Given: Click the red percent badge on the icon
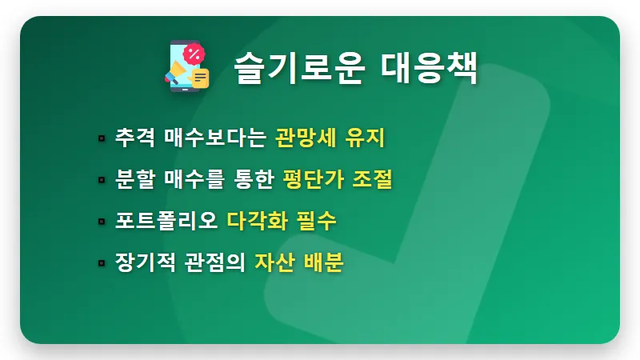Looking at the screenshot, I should click(194, 54).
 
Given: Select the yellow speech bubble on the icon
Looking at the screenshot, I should click(199, 78).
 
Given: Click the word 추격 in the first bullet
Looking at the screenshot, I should click(134, 138).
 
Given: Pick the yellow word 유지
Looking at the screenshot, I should click(366, 138).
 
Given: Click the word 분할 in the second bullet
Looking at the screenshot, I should click(134, 179).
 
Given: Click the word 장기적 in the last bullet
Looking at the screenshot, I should click(145, 262).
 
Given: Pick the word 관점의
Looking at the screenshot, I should click(210, 262).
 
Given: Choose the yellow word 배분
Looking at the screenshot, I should click(324, 262).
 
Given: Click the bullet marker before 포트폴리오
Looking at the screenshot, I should click(102, 222).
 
